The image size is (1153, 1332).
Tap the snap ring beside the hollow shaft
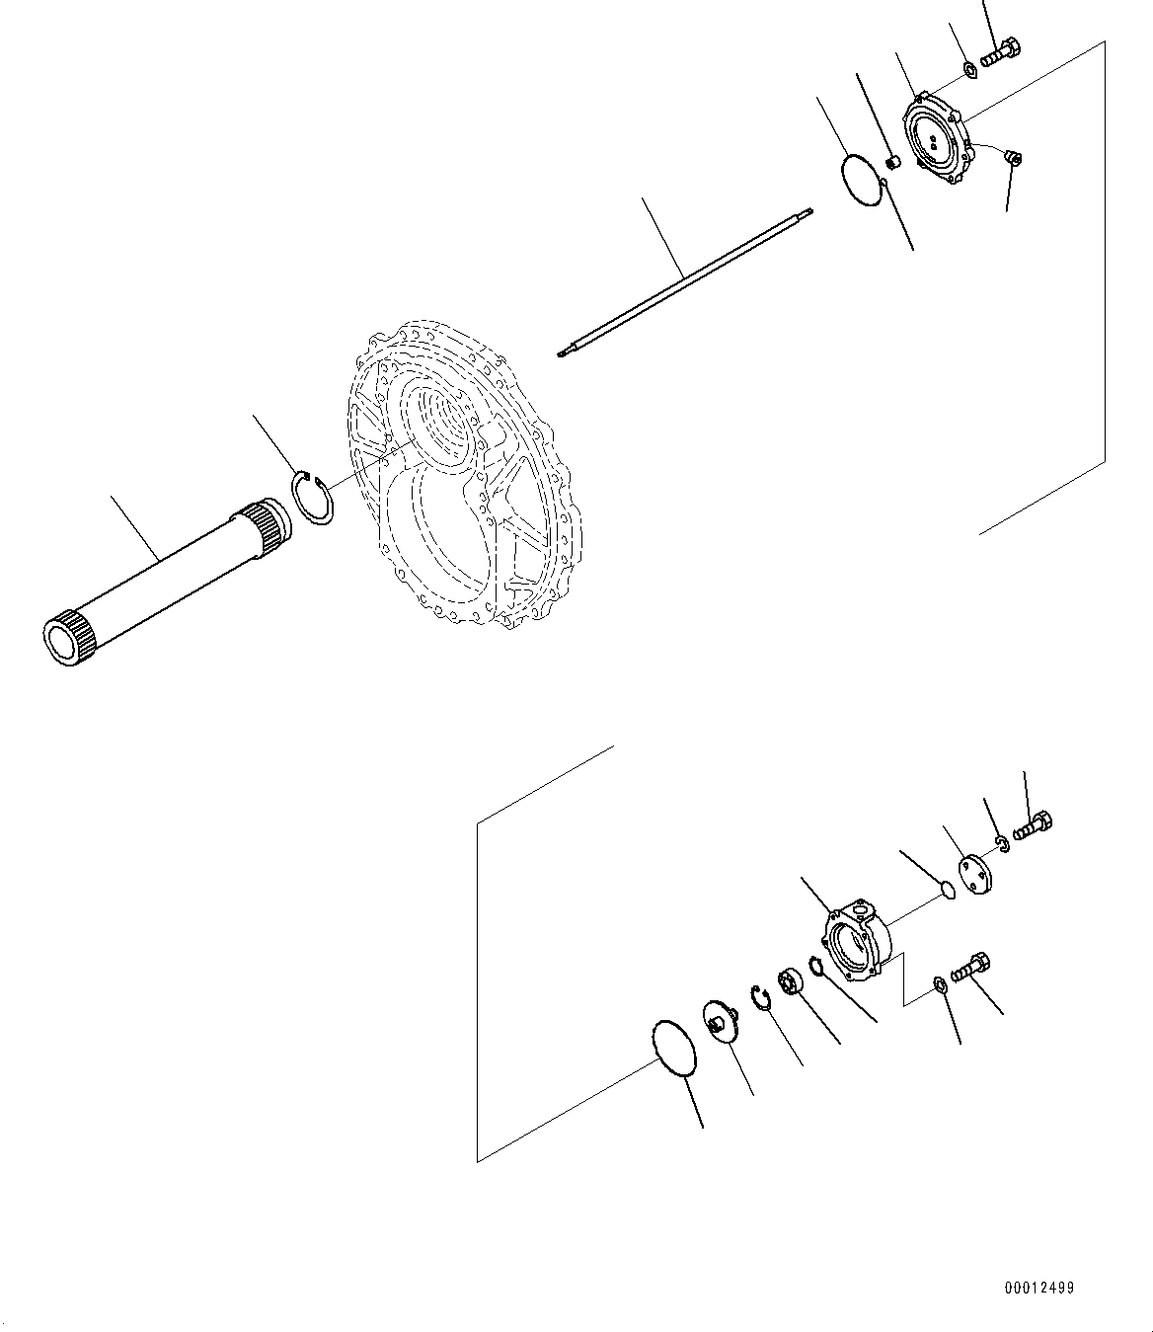tap(315, 499)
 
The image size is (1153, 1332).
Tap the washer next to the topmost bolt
tap(969, 69)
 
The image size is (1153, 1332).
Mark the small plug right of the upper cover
tap(1014, 156)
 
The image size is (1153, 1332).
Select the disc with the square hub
tap(720, 1019)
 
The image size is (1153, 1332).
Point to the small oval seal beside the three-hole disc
tap(947, 890)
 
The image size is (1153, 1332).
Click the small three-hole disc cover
tap(978, 877)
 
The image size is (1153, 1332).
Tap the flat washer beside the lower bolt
tap(939, 982)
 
